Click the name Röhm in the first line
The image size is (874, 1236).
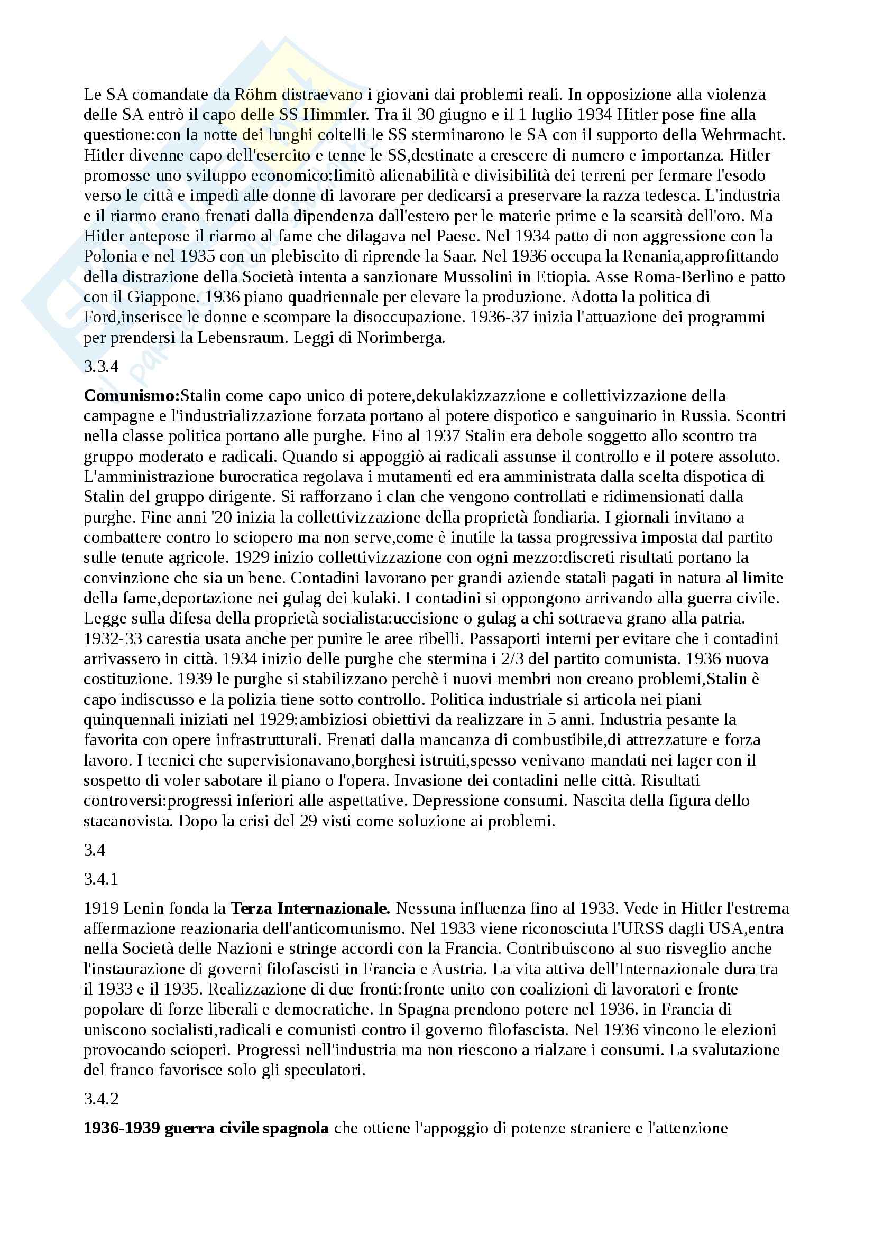click(256, 95)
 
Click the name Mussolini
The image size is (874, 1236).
click(483, 277)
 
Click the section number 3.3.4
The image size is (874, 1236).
click(100, 367)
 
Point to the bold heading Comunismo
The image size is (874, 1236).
click(132, 396)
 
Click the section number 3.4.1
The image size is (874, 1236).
click(100, 880)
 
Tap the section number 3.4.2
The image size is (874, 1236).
click(100, 1099)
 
